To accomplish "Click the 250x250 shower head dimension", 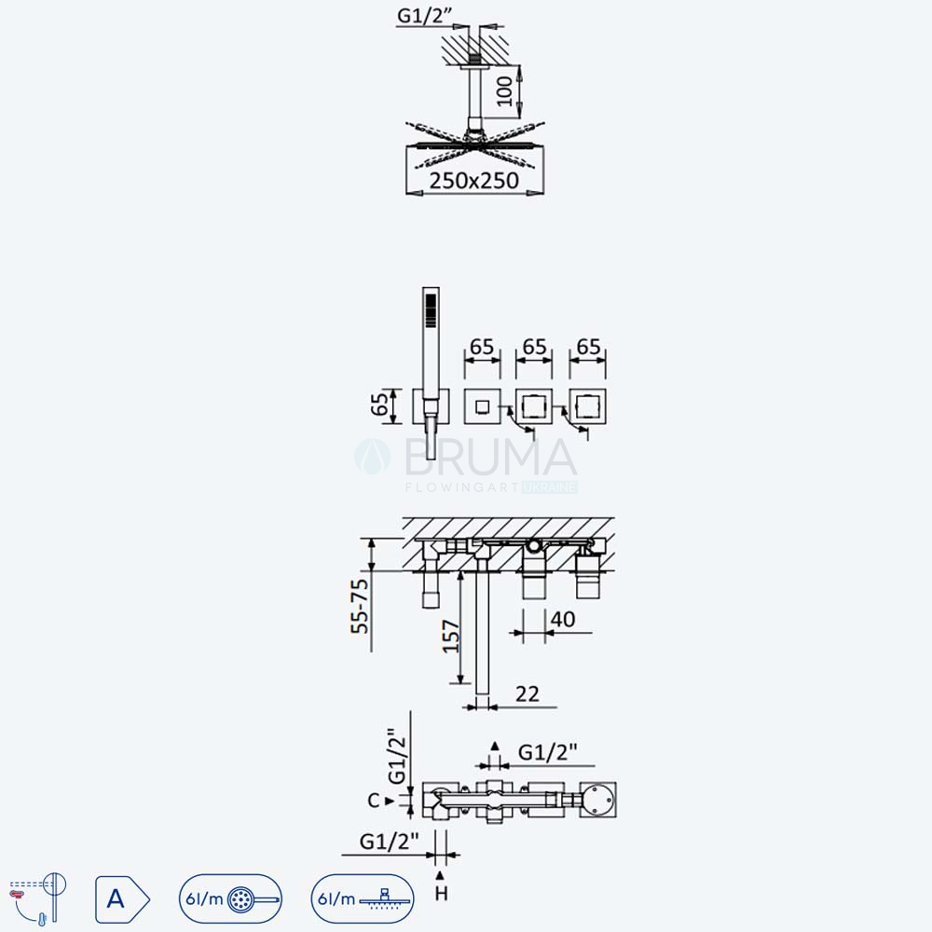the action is pos(473,181).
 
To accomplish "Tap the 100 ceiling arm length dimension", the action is pos(504,91).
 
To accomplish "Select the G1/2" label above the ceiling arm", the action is pos(424,16).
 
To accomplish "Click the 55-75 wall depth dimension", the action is pos(360,607).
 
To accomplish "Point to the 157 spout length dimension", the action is pos(451,636).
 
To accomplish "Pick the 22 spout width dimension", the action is pos(528,693).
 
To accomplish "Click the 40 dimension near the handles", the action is pos(563,620).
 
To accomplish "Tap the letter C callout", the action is pos(374,801).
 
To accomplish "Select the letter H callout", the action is pos(441,894).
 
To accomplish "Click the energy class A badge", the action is pos(122,899).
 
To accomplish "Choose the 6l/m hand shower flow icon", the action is pos(230,898).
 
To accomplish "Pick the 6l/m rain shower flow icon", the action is pos(363,898).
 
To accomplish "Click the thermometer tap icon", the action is pos(38,898).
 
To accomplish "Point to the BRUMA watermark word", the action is pos(490,457).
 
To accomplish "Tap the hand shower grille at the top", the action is pos(431,310).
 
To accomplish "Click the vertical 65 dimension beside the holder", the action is pos(379,405).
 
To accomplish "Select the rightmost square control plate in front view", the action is pos(587,406).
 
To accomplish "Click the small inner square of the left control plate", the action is pos(482,406).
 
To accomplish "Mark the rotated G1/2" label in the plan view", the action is pos(396,756).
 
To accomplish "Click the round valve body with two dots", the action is pos(598,800).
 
